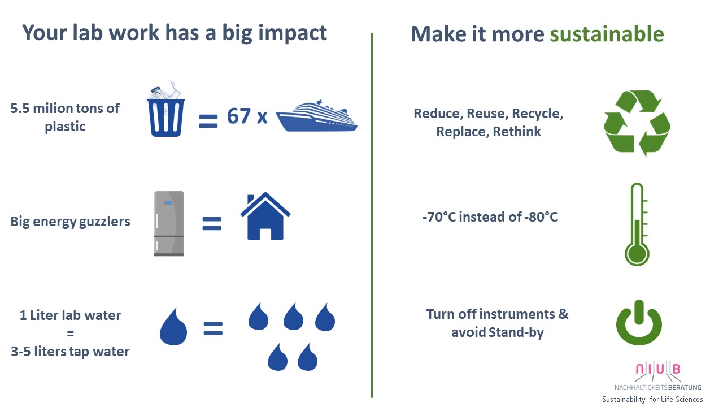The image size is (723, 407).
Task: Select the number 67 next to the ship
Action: coord(239,116)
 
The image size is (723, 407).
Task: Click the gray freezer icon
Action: coord(169,223)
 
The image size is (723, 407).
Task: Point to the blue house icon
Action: coord(265,216)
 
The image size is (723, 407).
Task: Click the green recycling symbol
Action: coord(637,123)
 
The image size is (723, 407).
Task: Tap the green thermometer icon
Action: coord(637,224)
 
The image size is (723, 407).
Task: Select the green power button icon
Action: coord(639,322)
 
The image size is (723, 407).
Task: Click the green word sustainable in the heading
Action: coord(607,34)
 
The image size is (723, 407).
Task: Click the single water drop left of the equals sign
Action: coord(173,326)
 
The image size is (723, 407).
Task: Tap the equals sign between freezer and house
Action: coord(212,223)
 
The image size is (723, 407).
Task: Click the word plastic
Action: coord(65,127)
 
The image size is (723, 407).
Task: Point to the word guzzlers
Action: coord(104,222)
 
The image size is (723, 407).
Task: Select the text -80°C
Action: coord(541,217)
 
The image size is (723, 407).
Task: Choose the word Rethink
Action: coord(517,132)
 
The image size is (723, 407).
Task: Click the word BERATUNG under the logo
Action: coord(685,387)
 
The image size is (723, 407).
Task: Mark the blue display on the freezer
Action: coord(168,203)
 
